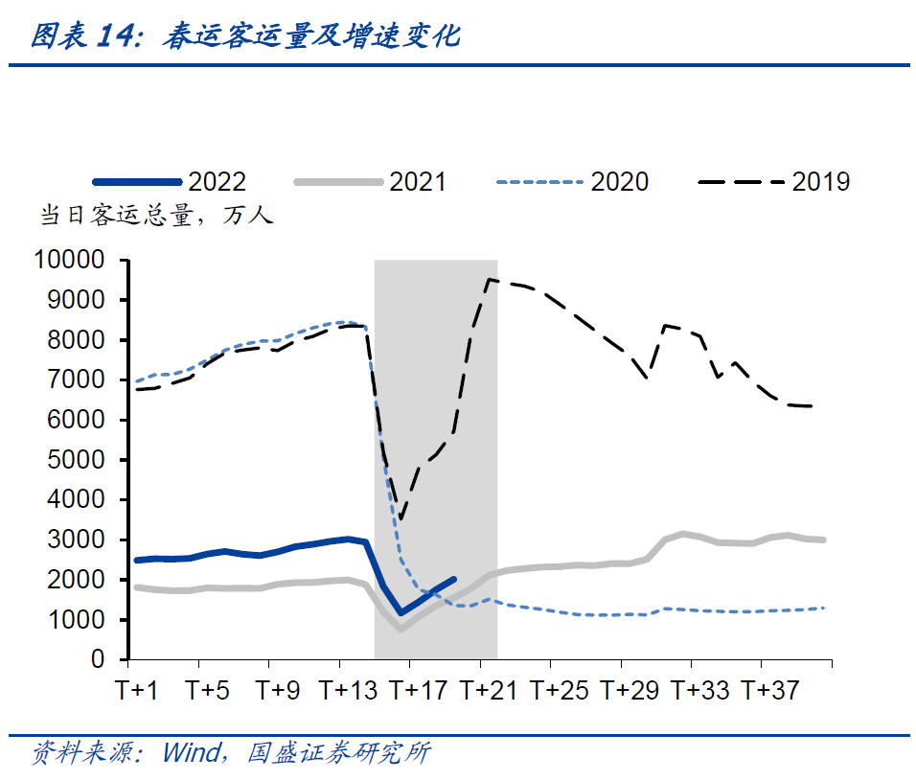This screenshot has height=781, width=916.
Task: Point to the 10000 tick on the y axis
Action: pos(68,261)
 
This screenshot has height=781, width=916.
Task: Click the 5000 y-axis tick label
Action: pos(78,460)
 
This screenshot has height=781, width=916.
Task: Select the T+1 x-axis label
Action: pos(137,691)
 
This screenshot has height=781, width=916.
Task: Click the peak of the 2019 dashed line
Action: pos(489,280)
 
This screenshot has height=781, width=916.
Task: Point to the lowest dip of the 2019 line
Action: pos(401,520)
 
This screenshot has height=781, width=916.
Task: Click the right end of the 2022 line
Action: pos(454,579)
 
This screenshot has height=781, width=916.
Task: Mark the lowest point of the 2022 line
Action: pos(401,613)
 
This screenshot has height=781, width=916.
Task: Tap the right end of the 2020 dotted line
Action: pos(824,608)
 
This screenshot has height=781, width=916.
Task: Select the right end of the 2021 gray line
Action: pos(824,540)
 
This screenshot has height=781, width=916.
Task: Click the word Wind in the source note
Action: pos(191,752)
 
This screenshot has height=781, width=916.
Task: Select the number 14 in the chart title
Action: pos(117,36)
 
